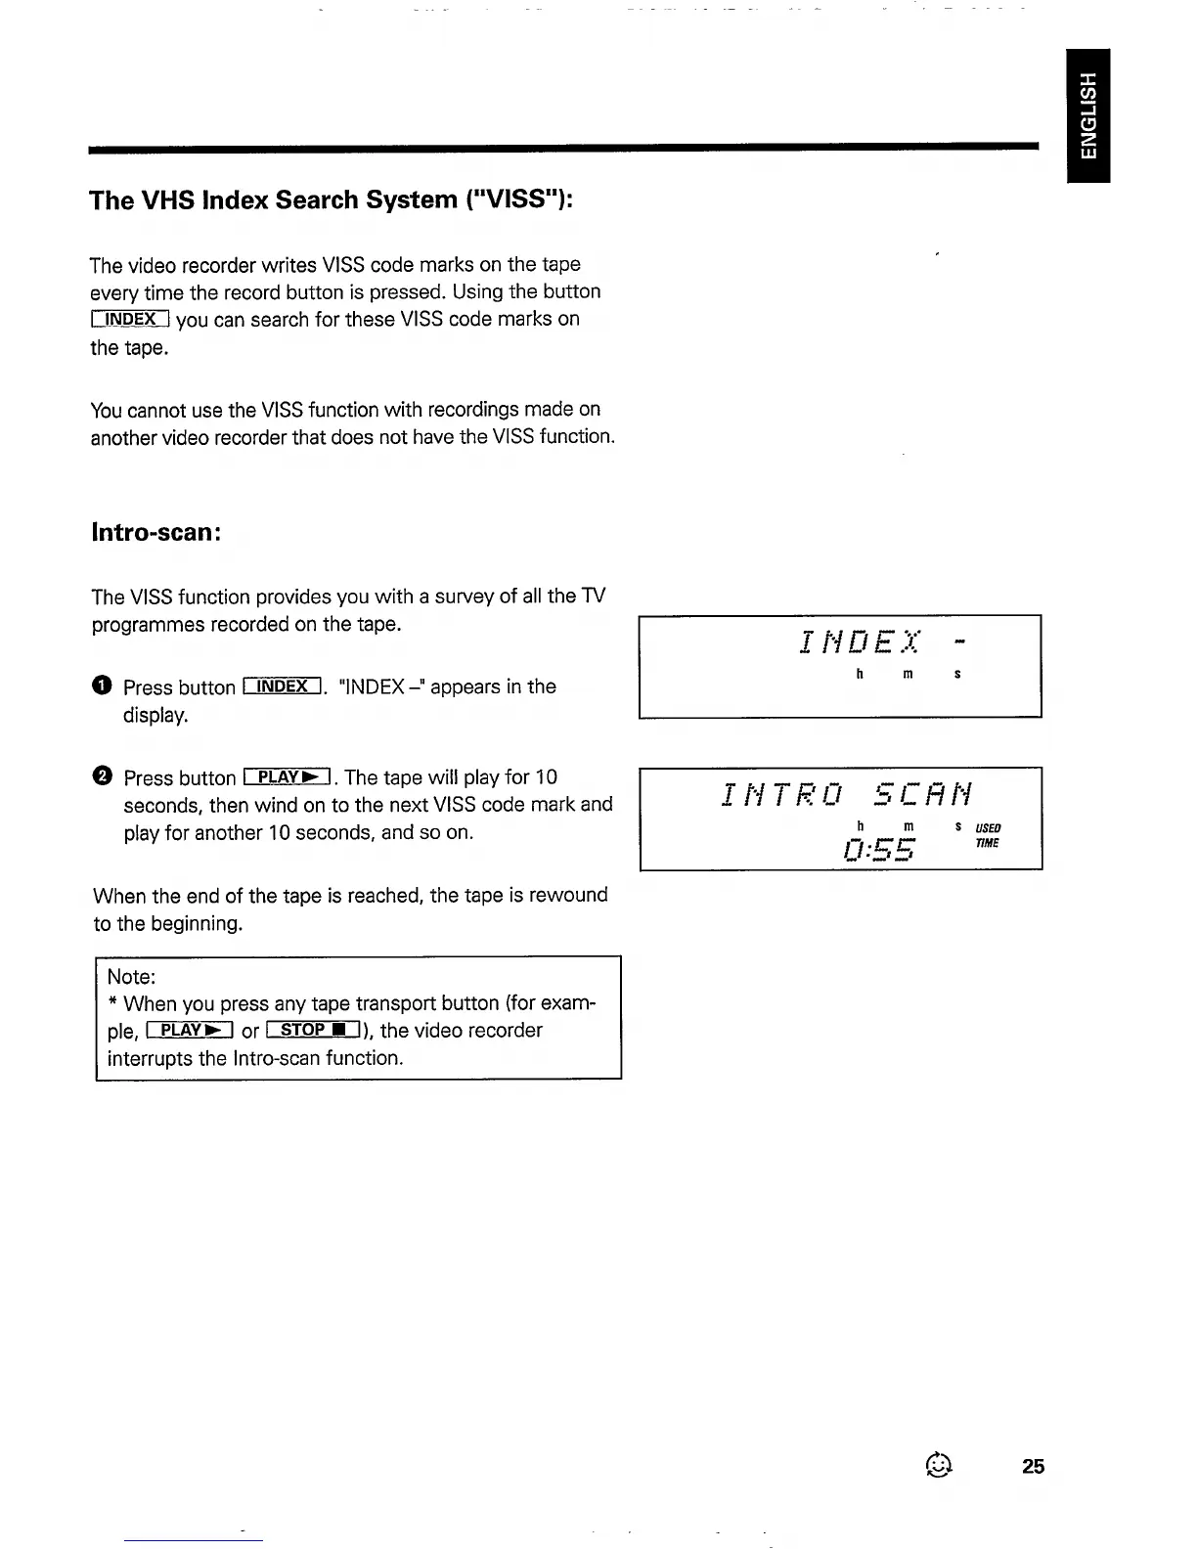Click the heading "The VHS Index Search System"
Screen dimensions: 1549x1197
coord(331,200)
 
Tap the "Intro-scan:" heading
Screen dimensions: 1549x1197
coord(155,533)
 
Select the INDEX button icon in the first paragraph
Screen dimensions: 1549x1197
coord(131,319)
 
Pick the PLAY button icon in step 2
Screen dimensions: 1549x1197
coord(287,777)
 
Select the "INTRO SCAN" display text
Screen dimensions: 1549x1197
coord(847,794)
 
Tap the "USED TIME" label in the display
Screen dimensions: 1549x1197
coord(988,835)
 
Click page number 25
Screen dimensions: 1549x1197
coord(1033,1466)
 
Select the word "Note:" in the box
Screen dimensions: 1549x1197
coord(132,977)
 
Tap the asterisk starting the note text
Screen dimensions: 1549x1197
coord(113,1003)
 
